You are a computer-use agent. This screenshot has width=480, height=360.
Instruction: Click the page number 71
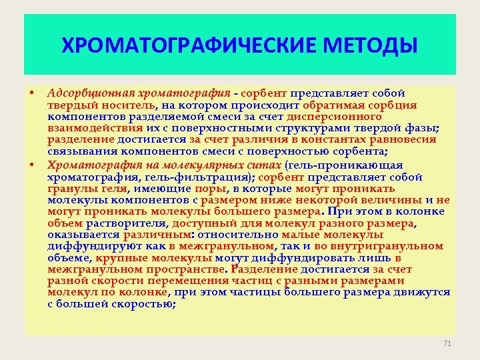click(x=447, y=343)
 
